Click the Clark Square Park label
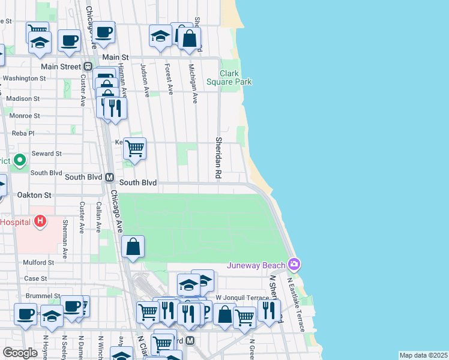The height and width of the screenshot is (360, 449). point(229,77)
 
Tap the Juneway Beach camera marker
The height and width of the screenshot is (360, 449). point(294,264)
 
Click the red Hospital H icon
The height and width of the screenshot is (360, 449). point(40,222)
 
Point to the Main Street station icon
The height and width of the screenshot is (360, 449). point(88,67)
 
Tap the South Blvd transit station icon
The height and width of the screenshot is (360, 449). point(110,178)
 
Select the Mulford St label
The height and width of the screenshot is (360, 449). point(39,262)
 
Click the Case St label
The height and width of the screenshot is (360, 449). point(35,278)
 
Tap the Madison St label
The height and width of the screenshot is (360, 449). point(23,98)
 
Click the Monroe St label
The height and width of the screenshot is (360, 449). point(25,115)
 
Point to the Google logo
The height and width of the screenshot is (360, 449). point(20,352)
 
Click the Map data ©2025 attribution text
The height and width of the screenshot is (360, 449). point(423,355)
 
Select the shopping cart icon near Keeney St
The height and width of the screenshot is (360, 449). point(134,148)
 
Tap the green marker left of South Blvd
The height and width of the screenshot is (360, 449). point(20,160)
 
